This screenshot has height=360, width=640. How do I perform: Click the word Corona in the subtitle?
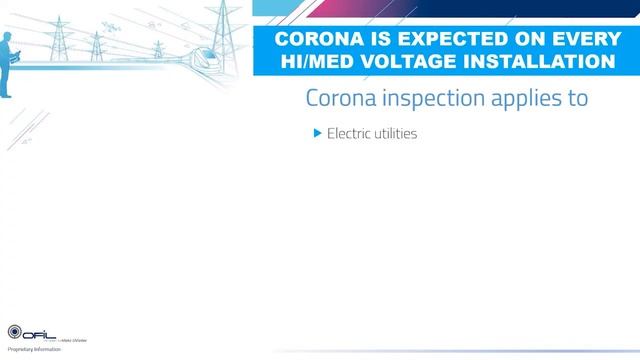(338, 99)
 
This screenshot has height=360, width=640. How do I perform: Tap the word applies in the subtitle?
(528, 100)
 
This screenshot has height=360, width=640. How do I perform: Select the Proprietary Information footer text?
(35, 350)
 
